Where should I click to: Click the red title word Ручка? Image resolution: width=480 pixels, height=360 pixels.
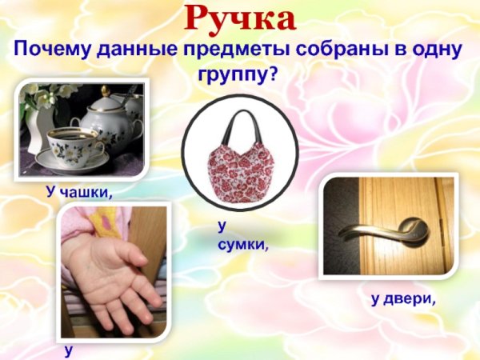click(240, 18)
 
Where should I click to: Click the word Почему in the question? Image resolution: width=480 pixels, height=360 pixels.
click(54, 52)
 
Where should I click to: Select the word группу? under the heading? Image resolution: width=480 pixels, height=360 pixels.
click(240, 78)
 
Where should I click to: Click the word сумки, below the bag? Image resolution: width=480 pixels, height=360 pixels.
click(242, 242)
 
